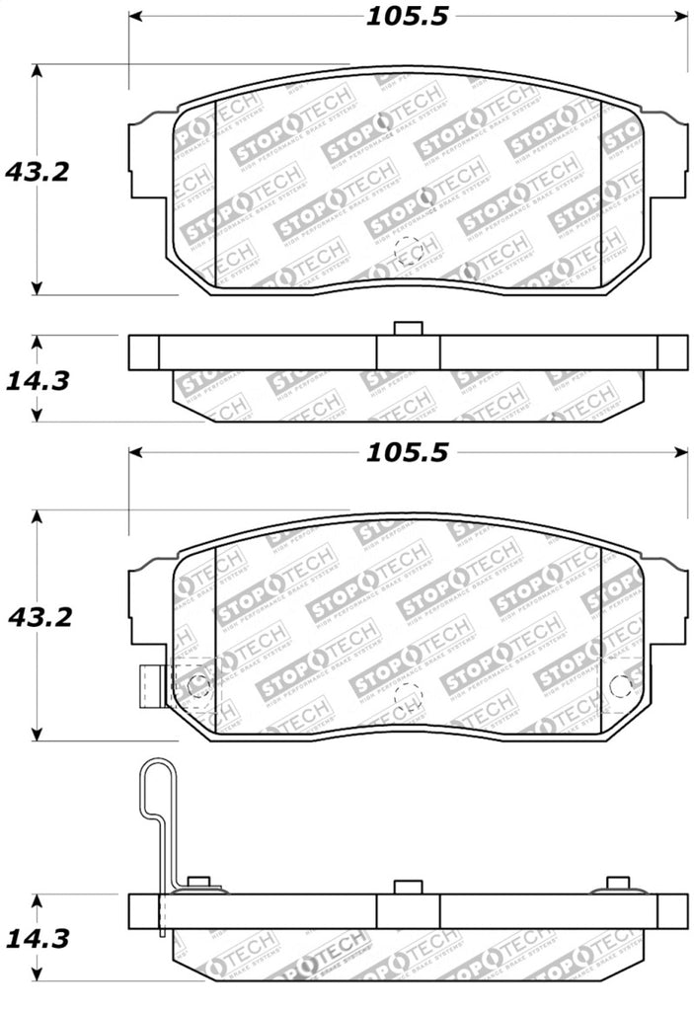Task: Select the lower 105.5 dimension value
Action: pos(408,452)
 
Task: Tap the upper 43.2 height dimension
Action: pos(37,172)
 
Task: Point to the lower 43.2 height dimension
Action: pos(37,618)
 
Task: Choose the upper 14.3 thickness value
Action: pos(37,380)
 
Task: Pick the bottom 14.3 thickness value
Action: pos(37,939)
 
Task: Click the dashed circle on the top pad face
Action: pos(409,254)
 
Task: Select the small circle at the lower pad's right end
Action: pos(621,685)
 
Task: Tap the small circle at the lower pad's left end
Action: pos(197,684)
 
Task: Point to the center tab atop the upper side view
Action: pos(408,329)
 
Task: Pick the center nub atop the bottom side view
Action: pos(408,887)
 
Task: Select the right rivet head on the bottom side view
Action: pos(618,884)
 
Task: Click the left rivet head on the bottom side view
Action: pos(198,884)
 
